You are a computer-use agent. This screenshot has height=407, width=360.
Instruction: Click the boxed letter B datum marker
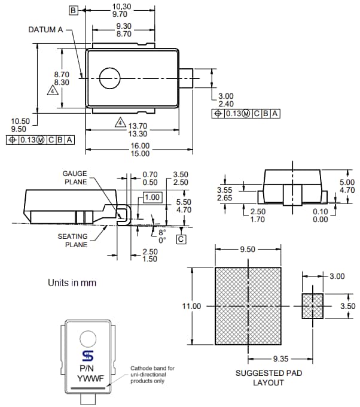tap(73, 11)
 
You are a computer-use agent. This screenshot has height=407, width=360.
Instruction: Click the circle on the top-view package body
tap(109, 78)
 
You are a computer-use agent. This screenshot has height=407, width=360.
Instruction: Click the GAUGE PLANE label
tap(75, 178)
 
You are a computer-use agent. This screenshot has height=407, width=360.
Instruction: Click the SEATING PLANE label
tap(72, 240)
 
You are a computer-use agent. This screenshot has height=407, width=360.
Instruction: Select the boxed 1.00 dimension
tap(153, 197)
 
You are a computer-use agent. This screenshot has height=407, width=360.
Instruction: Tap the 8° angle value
tap(162, 231)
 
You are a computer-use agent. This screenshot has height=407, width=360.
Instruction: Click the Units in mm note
tap(72, 283)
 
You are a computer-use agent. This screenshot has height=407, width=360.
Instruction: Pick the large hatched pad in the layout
tap(248, 305)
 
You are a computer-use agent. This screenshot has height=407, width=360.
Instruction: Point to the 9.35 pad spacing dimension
tap(280, 359)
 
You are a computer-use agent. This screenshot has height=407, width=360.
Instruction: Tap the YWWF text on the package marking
tap(88, 378)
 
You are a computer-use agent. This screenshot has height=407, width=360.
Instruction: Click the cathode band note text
tap(153, 375)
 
